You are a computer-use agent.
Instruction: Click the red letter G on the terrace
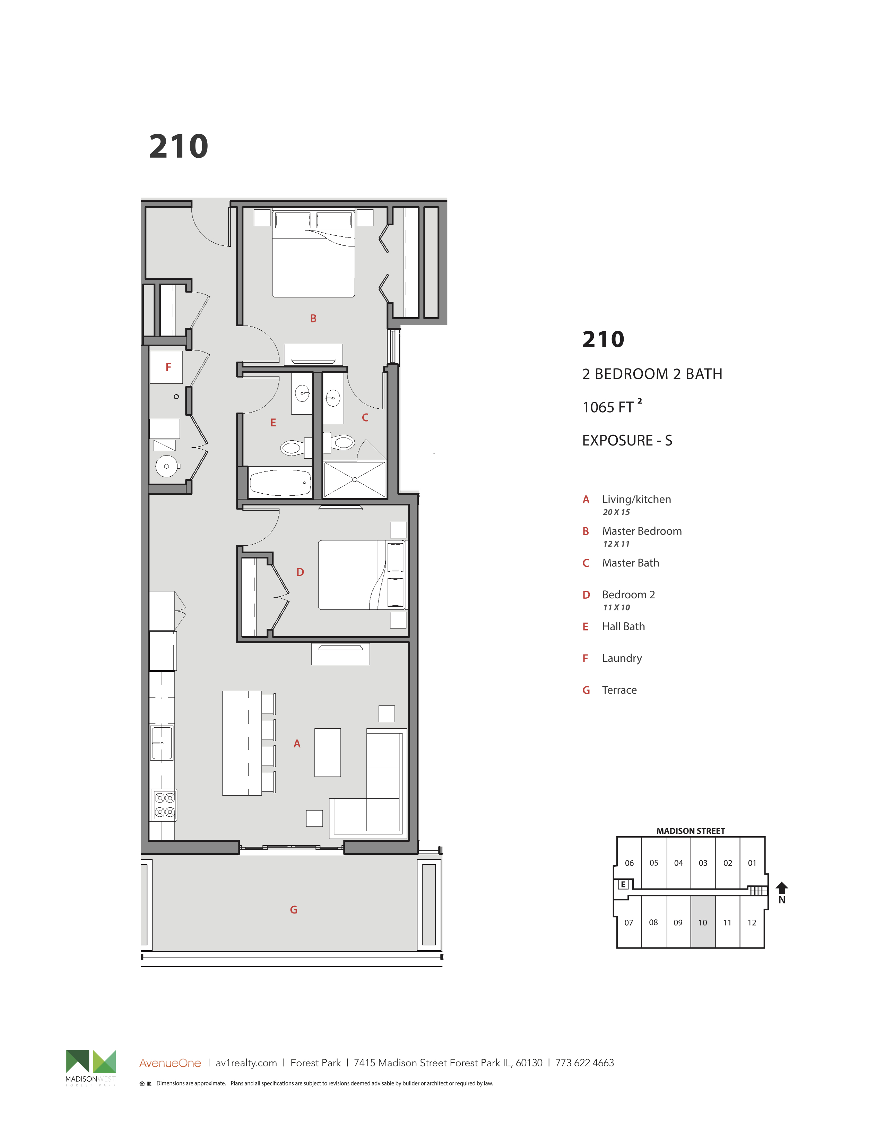click(294, 910)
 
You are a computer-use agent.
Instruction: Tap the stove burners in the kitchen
click(164, 805)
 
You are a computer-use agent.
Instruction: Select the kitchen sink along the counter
click(162, 743)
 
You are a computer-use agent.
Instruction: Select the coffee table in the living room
click(327, 752)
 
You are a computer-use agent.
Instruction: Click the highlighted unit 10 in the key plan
click(703, 922)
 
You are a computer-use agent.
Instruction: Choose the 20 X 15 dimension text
click(616, 512)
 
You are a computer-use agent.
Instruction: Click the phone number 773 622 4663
click(584, 1063)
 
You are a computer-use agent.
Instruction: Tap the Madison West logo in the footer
click(90, 1067)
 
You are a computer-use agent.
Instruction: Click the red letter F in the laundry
click(168, 367)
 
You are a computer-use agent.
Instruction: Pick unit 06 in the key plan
click(629, 863)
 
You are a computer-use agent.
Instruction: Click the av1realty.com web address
click(246, 1063)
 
